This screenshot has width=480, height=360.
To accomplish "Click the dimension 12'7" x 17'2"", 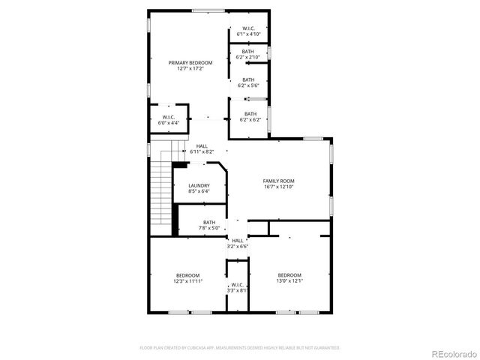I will coord(190,69).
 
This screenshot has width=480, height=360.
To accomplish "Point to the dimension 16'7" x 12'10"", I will coord(278,187).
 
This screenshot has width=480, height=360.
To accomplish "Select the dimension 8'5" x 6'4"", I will coord(199,191).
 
